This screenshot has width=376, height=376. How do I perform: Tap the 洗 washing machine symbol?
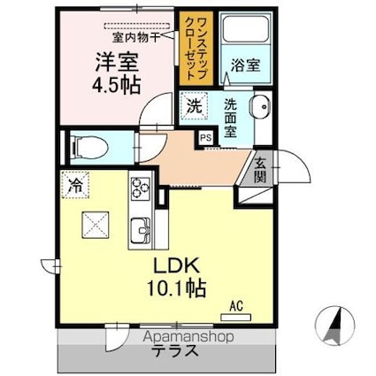coord(194,106)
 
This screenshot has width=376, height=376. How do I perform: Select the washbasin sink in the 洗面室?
coord(261,111)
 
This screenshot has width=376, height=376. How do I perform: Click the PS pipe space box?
coord(205,137)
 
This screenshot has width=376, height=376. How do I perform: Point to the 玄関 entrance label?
coord(262,168)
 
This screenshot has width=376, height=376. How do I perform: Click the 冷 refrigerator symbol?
coord(75,186)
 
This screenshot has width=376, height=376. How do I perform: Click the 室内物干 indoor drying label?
coord(136,37)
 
